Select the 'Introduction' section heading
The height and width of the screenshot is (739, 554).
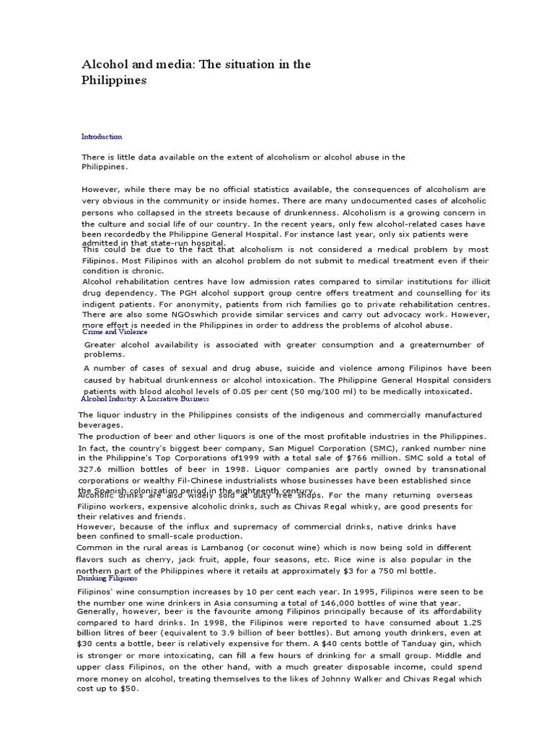point(102,136)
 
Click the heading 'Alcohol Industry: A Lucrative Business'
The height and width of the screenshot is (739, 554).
point(145,398)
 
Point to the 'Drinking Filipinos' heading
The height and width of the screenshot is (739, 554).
point(107,578)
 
